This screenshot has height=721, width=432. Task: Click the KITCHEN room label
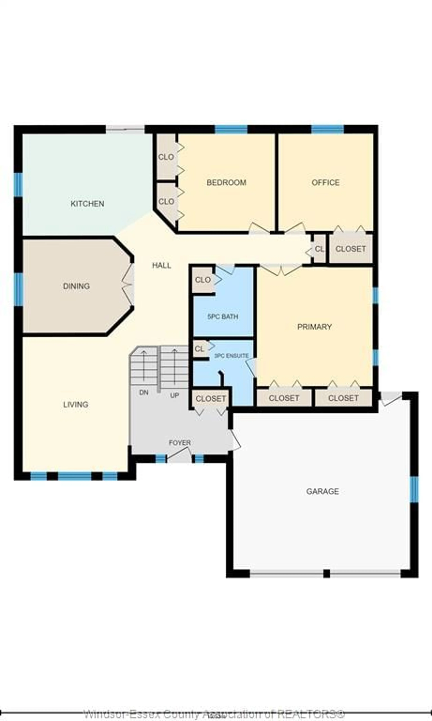[87, 204]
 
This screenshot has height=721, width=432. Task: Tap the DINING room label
[76, 286]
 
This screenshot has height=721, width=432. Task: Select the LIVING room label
[76, 404]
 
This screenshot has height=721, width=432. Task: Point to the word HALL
[162, 265]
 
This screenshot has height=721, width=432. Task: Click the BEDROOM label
[226, 182]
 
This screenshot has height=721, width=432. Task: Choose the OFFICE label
[325, 182]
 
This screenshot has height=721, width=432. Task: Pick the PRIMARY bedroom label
[314, 327]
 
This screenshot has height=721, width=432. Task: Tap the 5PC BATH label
[223, 316]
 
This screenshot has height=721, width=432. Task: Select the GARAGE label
[322, 491]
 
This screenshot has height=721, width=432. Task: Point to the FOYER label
[180, 443]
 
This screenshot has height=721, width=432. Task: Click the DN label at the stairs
[144, 392]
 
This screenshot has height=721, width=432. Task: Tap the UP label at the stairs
[174, 395]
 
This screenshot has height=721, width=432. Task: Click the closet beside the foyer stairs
[210, 399]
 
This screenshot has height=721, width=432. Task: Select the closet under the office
[350, 249]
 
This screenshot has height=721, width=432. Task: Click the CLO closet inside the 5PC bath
[203, 280]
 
